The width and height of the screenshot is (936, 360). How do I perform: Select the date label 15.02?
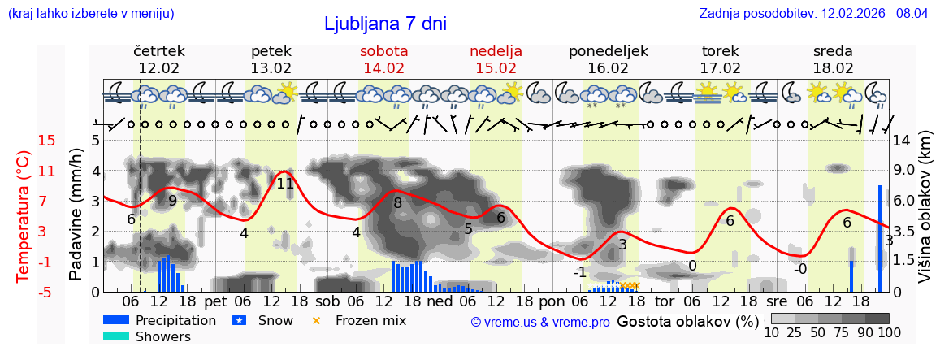pyautogui.click(x=496, y=68)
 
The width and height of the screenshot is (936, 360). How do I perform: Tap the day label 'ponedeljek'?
pyautogui.click(x=608, y=51)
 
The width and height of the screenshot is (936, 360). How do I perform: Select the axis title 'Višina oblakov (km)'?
pyautogui.click(x=925, y=215)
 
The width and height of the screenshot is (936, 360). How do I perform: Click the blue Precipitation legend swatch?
pyautogui.click(x=116, y=320)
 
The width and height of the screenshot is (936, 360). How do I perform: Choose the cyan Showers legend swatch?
pyautogui.click(x=116, y=336)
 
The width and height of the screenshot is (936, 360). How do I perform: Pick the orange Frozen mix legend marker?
pyautogui.click(x=317, y=320)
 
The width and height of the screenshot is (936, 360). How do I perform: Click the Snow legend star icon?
pyautogui.click(x=239, y=320)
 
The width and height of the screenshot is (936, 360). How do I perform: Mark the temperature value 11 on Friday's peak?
pyautogui.click(x=284, y=184)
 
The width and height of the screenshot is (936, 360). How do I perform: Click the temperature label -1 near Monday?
pyautogui.click(x=579, y=271)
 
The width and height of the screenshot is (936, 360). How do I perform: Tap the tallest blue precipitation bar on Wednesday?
pyautogui.click(x=880, y=238)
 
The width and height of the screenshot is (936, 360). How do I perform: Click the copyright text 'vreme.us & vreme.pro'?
pyautogui.click(x=540, y=322)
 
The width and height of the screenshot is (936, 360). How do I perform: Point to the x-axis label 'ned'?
pyautogui.click(x=440, y=302)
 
